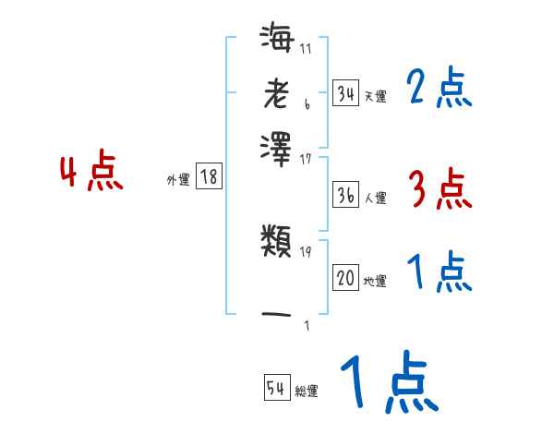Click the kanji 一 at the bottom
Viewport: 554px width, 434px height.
pos(276,313)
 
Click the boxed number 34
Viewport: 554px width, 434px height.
pos(345,93)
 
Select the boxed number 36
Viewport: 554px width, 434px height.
pos(345,195)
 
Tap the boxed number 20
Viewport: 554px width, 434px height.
pos(345,278)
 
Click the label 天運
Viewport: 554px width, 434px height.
pos(375,96)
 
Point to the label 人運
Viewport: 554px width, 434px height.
pos(375,198)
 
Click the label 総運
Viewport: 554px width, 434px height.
pos(307,392)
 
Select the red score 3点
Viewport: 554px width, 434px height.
pos(439,189)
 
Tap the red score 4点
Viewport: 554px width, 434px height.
pos(91,174)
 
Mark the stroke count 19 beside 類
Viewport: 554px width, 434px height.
pos(306,250)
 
